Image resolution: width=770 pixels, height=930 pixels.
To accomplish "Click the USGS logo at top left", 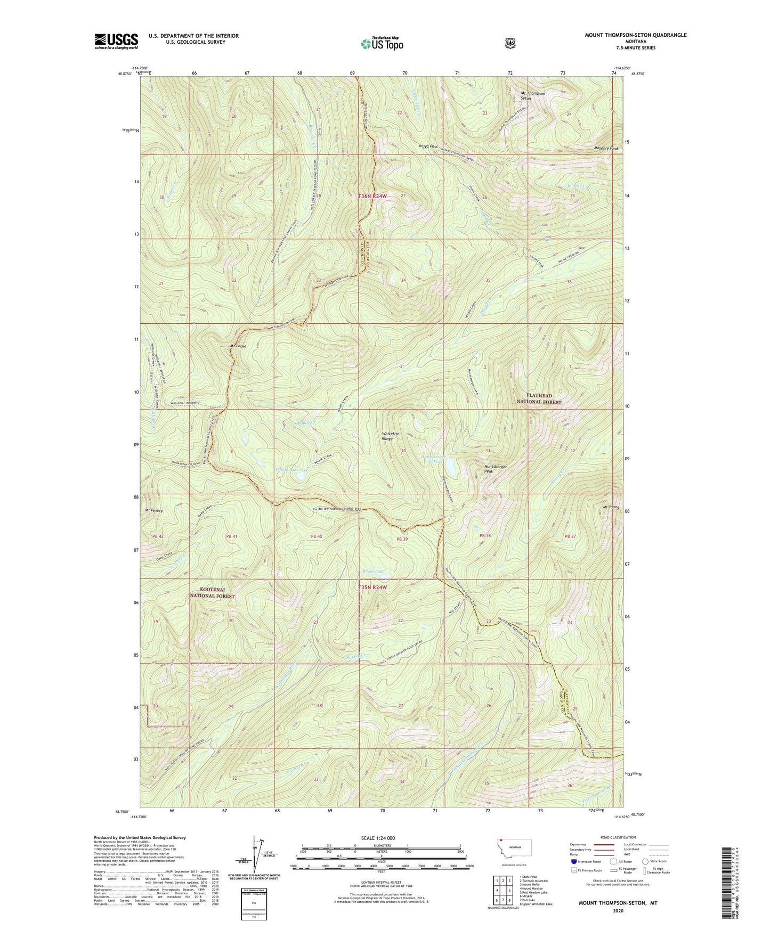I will tap(116, 41).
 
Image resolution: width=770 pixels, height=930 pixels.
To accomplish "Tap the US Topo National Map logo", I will tap(382, 43).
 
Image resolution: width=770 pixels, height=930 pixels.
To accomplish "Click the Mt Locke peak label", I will tap(238, 346).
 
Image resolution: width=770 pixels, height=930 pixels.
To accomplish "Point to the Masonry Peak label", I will tap(606, 149).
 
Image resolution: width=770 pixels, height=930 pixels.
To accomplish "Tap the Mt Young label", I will tap(611, 507).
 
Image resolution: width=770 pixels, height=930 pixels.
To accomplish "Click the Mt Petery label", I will tap(154, 510).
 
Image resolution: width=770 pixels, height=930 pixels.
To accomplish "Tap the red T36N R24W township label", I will tap(372, 196).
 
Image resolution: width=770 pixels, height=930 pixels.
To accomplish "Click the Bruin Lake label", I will tap(373, 572).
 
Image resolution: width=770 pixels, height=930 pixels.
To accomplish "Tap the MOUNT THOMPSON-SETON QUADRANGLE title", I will tap(635, 35).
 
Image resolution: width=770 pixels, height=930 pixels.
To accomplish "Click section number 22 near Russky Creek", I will tap(401, 621).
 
